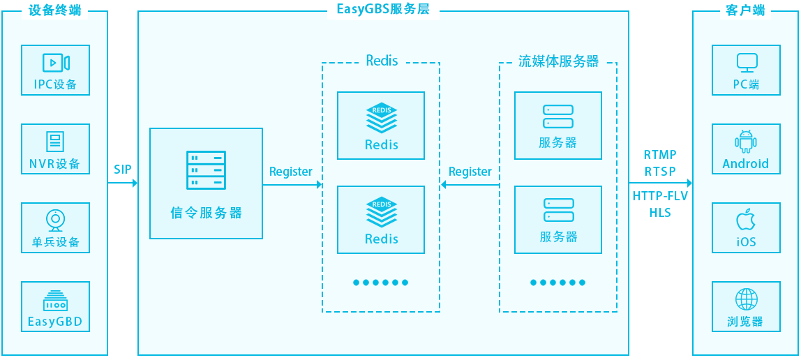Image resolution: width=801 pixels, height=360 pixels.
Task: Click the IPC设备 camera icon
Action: click(x=56, y=63)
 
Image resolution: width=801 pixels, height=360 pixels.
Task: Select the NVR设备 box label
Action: click(x=55, y=165)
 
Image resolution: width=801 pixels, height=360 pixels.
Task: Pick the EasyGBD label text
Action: click(x=55, y=322)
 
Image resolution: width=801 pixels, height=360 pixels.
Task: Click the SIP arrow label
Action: click(x=123, y=170)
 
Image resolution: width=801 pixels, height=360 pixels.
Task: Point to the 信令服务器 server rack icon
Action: click(x=206, y=170)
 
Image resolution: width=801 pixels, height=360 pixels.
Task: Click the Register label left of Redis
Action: click(x=291, y=172)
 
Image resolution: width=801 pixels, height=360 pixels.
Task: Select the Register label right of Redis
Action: click(x=470, y=172)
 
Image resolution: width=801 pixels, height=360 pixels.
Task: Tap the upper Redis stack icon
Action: click(x=381, y=118)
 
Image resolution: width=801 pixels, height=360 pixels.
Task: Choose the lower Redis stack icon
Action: click(x=381, y=213)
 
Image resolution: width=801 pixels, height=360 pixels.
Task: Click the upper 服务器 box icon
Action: click(x=558, y=117)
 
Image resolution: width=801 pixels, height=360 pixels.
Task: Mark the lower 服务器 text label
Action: click(x=558, y=237)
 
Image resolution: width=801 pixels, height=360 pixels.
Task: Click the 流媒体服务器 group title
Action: click(x=558, y=61)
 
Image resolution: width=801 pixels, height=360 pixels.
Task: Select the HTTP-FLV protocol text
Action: click(x=660, y=196)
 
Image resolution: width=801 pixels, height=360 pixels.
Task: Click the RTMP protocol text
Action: click(x=660, y=155)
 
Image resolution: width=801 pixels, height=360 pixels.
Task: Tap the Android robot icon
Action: click(x=746, y=142)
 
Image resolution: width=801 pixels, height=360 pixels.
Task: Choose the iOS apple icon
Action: click(x=746, y=220)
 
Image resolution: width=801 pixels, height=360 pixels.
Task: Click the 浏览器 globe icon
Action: click(x=746, y=299)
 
